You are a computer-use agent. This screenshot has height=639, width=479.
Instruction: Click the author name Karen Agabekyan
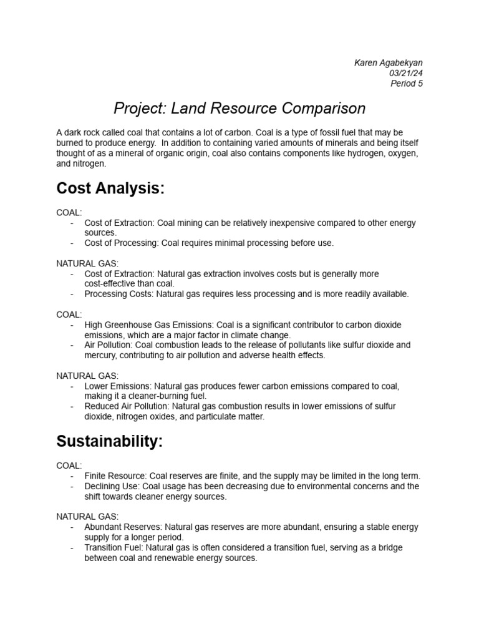(x=389, y=62)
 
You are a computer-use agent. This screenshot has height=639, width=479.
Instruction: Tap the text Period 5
(x=406, y=84)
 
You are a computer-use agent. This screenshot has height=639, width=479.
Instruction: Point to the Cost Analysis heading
(x=110, y=188)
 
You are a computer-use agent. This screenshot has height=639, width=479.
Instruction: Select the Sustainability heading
(x=109, y=441)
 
